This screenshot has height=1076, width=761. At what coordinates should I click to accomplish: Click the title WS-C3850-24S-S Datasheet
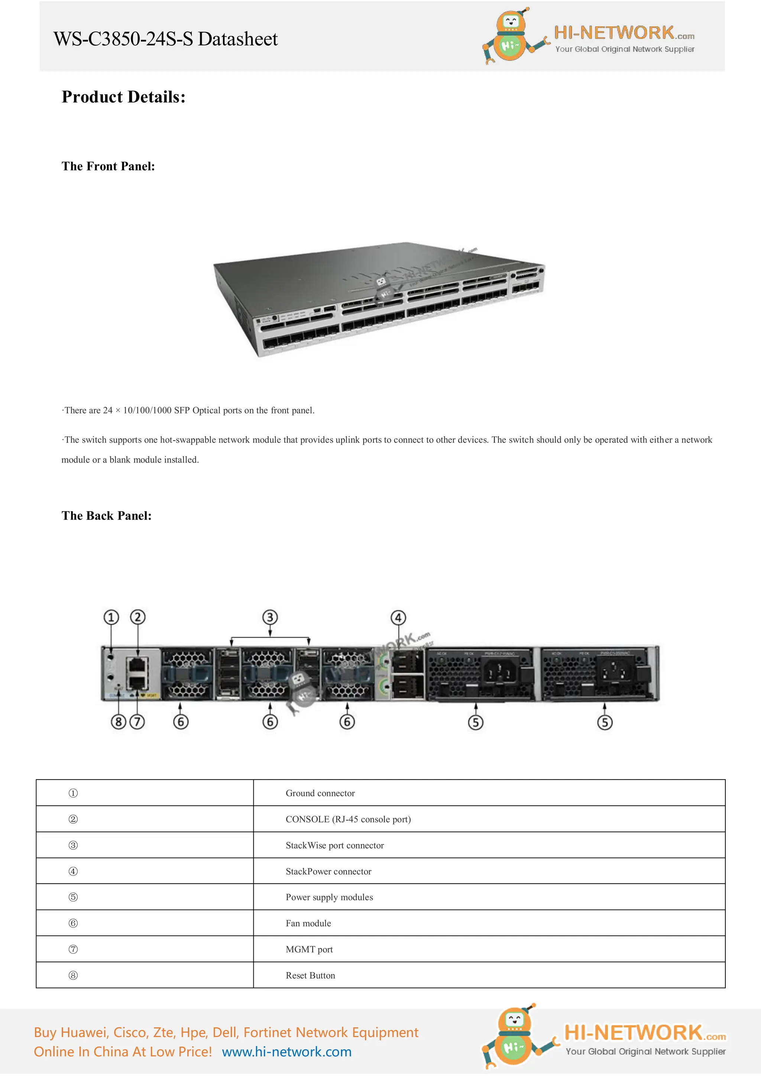(165, 39)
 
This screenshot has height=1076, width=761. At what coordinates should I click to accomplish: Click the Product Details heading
(124, 97)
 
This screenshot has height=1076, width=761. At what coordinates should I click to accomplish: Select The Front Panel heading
(108, 166)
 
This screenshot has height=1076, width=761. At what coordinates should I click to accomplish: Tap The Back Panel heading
(106, 516)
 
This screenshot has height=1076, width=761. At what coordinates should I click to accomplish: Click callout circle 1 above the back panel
(111, 617)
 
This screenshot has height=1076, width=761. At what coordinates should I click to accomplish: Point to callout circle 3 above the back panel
(270, 617)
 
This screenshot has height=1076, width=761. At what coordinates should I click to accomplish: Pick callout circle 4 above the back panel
(398, 618)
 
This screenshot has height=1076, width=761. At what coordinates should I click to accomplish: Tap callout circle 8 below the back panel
(119, 722)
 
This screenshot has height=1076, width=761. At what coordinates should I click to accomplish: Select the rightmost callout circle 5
(605, 722)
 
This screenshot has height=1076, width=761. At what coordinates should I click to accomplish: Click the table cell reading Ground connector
(320, 793)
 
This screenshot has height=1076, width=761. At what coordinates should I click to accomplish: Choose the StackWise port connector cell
(335, 845)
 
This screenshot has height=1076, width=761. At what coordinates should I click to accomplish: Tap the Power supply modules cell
(329, 897)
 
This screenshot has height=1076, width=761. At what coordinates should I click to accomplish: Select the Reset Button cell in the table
(310, 976)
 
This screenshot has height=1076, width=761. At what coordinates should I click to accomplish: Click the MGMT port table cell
(310, 949)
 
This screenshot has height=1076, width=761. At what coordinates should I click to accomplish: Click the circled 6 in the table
(73, 923)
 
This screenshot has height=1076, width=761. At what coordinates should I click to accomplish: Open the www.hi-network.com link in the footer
(286, 1052)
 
